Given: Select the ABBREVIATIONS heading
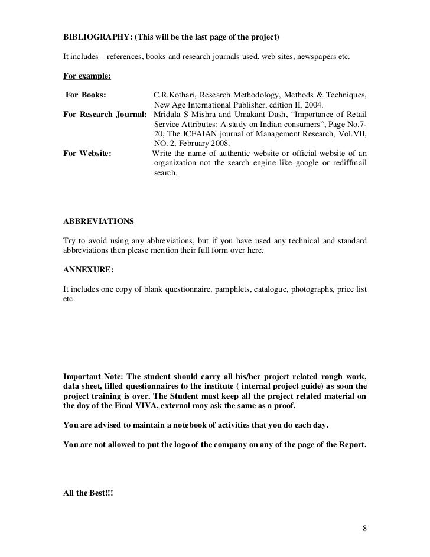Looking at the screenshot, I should coord(98,222).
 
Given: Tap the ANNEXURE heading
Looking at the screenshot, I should coord(88,269).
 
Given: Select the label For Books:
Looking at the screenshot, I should coord(86,95).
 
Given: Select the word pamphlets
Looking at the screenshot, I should coord(233,289).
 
